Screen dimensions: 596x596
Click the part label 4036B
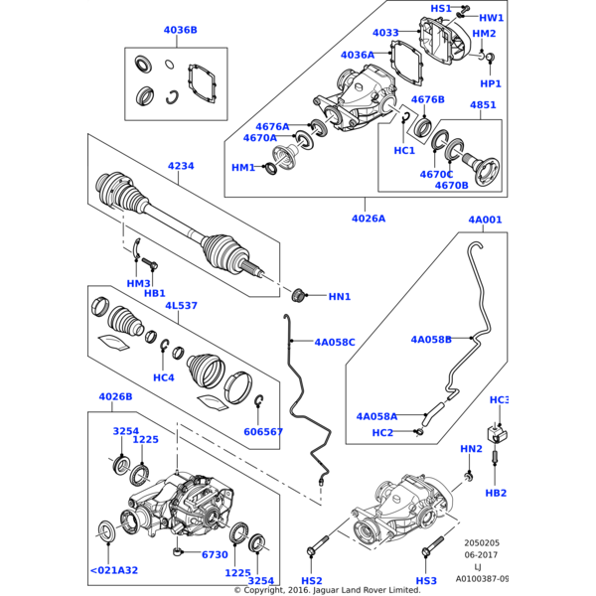[x=180, y=31]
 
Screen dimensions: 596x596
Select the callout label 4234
[x=181, y=166]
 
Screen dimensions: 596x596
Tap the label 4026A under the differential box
[x=369, y=218]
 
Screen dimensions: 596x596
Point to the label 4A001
[x=485, y=220]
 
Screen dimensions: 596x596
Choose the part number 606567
[x=263, y=432]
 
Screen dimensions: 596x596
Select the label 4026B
[x=115, y=397]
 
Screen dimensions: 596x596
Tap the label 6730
[x=215, y=555]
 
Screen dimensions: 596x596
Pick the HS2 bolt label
[x=312, y=580]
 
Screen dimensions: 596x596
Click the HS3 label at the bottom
[x=426, y=580]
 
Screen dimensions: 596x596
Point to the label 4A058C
[x=335, y=343]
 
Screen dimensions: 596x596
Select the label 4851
[x=483, y=105]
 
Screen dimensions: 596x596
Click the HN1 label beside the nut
[x=340, y=296]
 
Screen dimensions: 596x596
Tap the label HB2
[x=497, y=493]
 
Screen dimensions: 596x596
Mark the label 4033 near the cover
[x=385, y=33]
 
